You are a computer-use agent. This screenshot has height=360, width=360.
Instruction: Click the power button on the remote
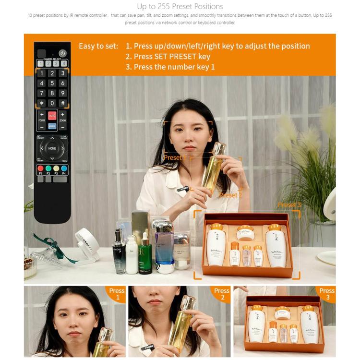click(62, 53)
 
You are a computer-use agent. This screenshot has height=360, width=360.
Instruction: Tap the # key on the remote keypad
click(62, 103)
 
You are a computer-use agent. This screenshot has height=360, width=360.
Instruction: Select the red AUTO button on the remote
click(52, 116)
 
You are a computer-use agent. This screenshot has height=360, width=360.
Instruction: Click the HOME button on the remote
click(52, 148)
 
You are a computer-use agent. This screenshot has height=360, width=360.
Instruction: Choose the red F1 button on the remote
click(40, 168)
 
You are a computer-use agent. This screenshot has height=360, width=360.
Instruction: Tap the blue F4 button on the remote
click(64, 168)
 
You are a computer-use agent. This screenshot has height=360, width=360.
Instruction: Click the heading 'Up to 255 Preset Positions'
click(180, 6)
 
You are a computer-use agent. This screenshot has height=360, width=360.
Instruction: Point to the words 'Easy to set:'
click(98, 46)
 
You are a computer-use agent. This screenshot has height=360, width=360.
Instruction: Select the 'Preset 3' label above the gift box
click(289, 205)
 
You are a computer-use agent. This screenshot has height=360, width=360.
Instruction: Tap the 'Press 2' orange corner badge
click(221, 294)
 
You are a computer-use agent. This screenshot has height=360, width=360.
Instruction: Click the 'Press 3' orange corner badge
click(326, 294)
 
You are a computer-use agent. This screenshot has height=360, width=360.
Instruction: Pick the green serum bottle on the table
click(145, 254)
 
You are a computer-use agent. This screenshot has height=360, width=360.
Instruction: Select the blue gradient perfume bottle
click(165, 250)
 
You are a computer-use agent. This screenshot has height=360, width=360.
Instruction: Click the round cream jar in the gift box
click(245, 233)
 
